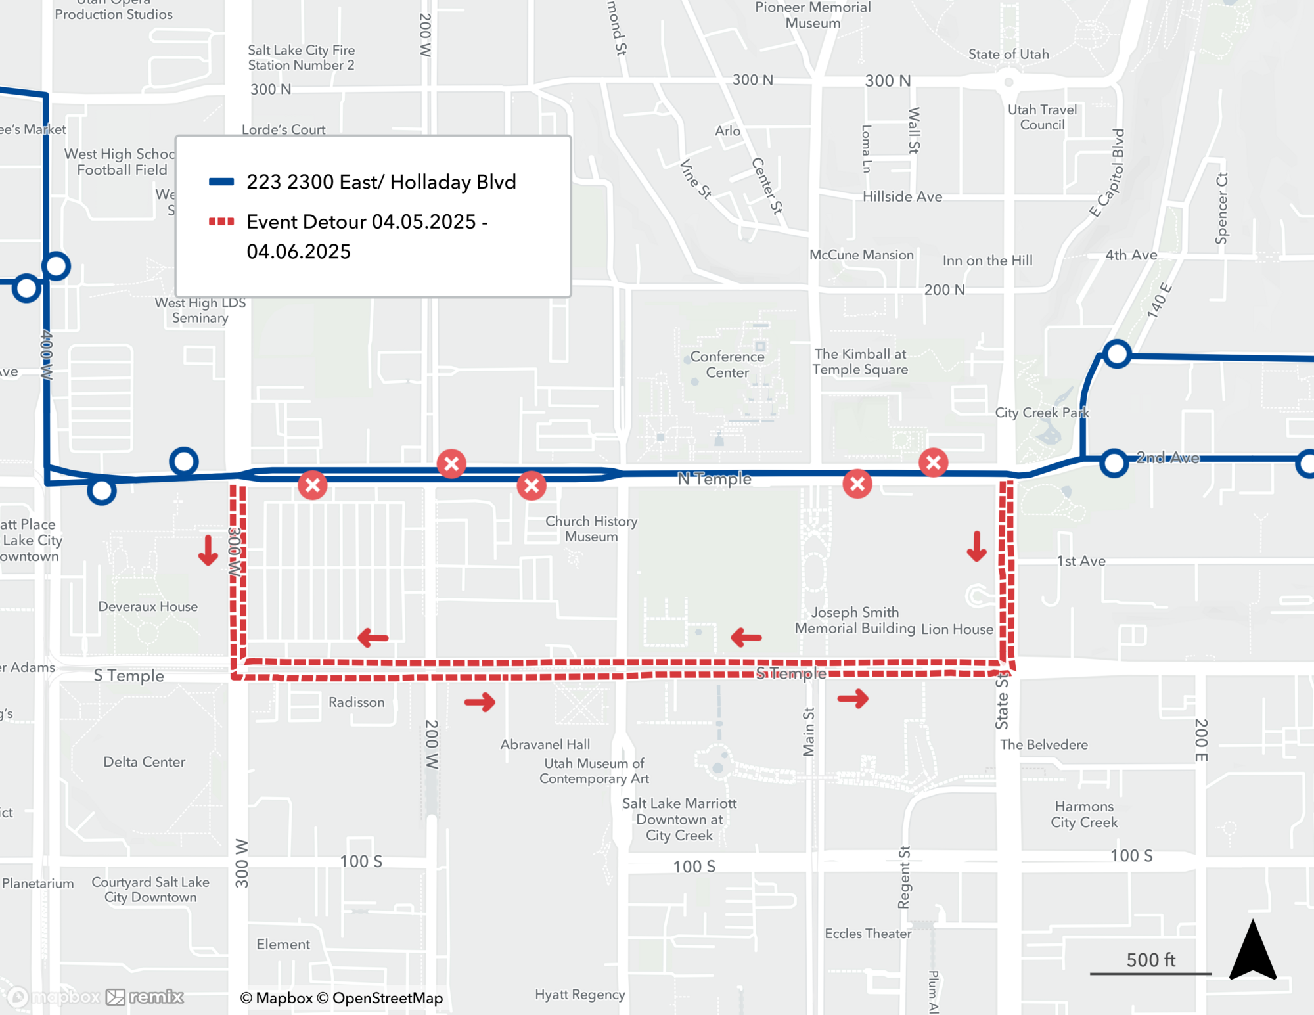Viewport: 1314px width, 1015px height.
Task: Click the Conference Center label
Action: (x=727, y=365)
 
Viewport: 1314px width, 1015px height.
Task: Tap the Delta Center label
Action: (x=144, y=762)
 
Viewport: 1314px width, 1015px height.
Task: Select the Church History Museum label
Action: (x=591, y=529)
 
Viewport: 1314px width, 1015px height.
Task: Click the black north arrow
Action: (x=1253, y=951)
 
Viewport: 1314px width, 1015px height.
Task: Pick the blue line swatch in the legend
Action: (x=221, y=182)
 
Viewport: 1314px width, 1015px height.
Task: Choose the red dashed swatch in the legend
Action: (x=221, y=222)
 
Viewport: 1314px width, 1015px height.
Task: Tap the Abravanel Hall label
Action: (x=545, y=744)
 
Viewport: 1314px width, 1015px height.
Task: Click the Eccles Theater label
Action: (x=868, y=934)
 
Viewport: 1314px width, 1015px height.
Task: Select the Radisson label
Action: (x=357, y=702)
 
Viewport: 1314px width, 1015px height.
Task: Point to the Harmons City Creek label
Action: (x=1084, y=814)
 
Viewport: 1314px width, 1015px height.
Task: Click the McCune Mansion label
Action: (x=861, y=255)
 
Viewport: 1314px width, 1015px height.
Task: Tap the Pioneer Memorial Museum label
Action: (x=813, y=15)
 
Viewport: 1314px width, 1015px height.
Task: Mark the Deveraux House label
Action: (x=148, y=606)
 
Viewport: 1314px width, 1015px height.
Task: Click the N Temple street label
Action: (x=714, y=478)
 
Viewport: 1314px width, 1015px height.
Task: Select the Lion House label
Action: (x=957, y=629)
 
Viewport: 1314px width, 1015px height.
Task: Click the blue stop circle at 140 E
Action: (x=1117, y=354)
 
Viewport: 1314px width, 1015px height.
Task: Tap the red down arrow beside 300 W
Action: (x=208, y=551)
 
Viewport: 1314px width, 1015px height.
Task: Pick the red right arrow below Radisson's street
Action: (x=480, y=702)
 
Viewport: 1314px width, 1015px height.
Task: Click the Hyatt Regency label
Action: (x=579, y=995)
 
